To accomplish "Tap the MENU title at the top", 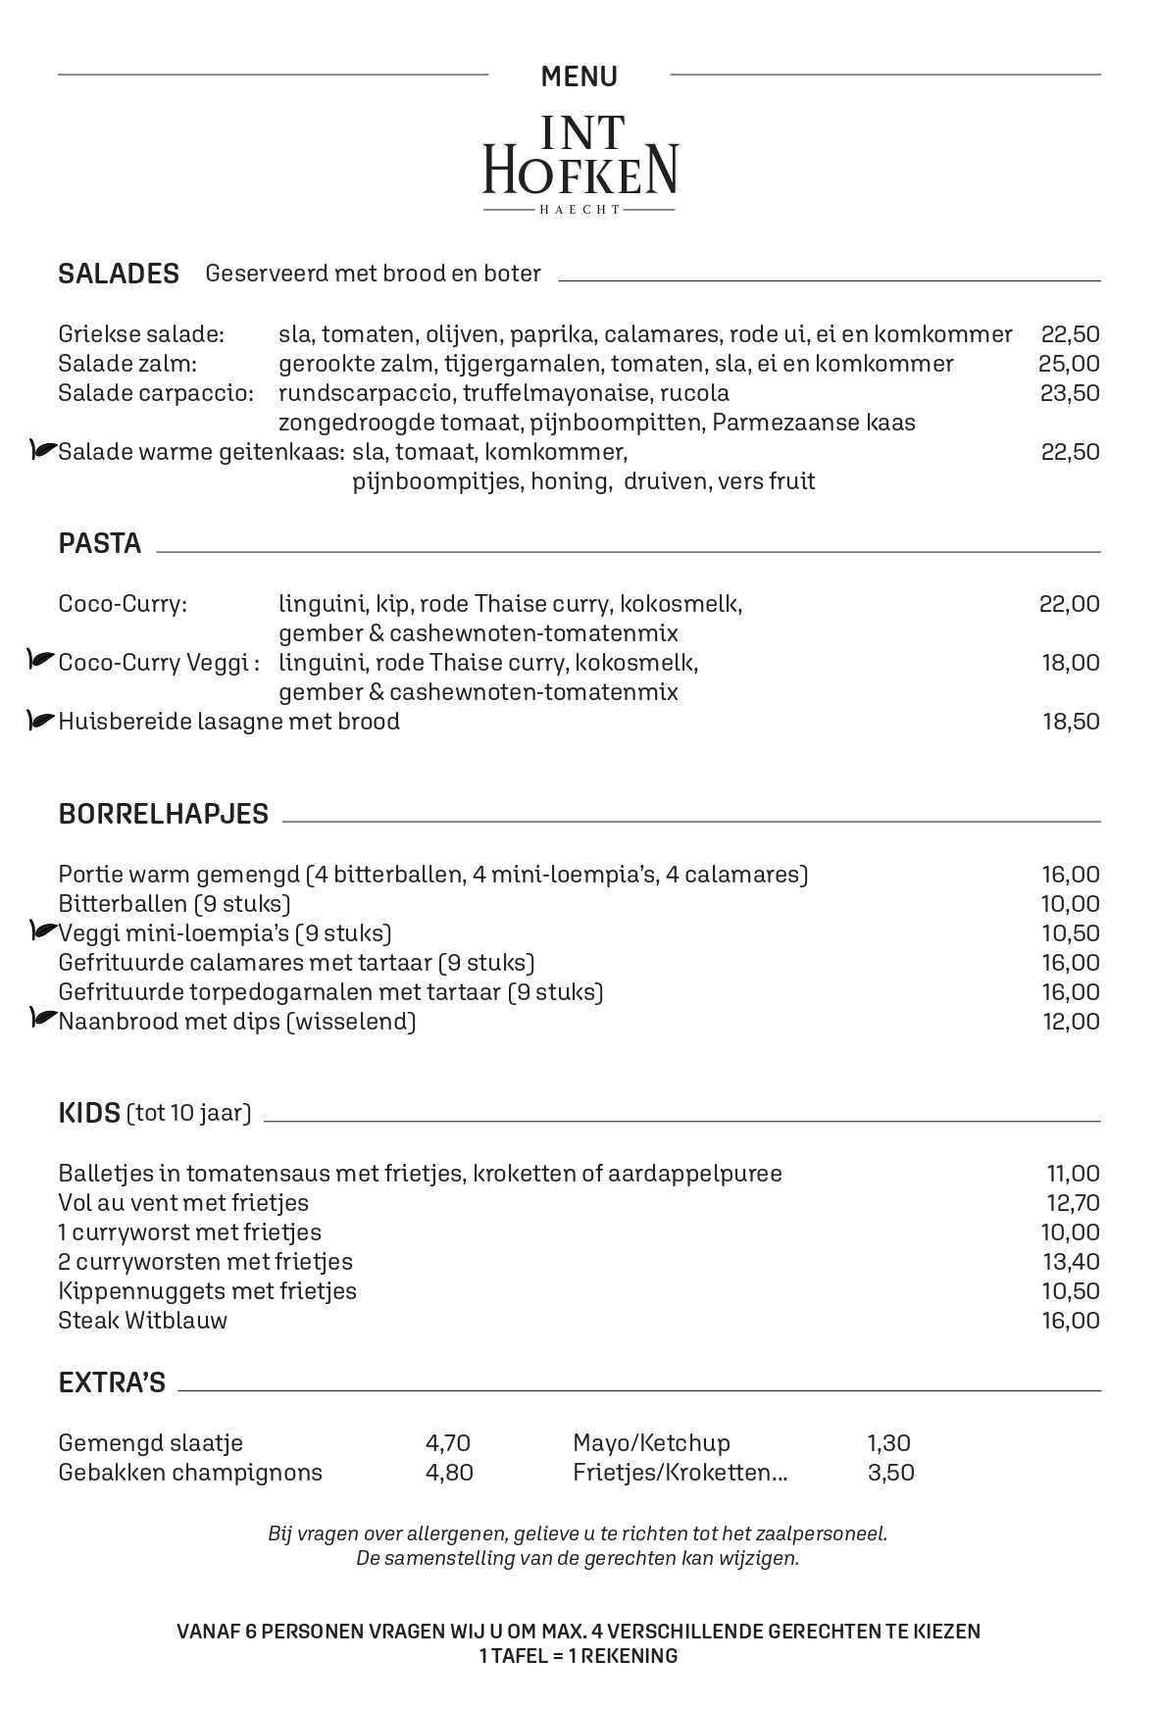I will tap(579, 76).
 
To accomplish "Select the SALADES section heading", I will tap(119, 274).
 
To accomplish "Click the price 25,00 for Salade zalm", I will tap(1069, 364).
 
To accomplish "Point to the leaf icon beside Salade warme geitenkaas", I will tap(43, 451).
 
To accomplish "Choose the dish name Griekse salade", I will tap(141, 334).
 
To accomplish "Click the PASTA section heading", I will tap(100, 544).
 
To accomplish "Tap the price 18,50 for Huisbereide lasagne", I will tap(1070, 722).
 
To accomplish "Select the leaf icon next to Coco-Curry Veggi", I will tap(41, 661).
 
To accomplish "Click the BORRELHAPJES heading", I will tap(163, 814).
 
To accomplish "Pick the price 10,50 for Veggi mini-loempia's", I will tap(1070, 933).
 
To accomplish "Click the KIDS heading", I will tap(89, 1113).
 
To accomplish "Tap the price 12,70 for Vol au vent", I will tap(1073, 1203).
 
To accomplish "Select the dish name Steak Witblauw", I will tap(142, 1321).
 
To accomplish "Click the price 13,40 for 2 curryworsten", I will tap(1070, 1262).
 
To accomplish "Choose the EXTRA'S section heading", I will tap(112, 1383).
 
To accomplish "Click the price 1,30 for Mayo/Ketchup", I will tap(888, 1443).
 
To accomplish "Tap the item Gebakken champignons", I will tap(190, 1473).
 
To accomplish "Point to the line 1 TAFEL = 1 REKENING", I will tap(579, 1656).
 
